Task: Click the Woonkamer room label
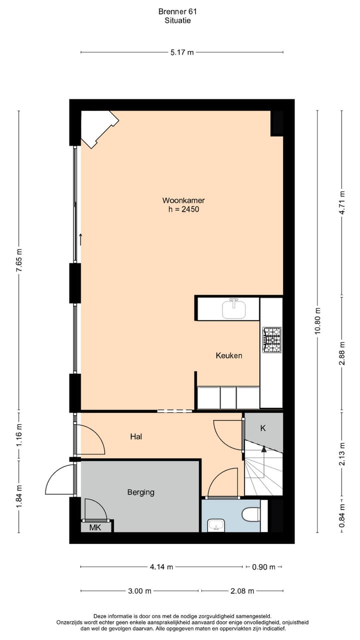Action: click(x=183, y=200)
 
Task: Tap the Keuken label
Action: click(x=229, y=355)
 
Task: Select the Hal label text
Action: click(x=136, y=436)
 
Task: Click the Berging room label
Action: click(x=140, y=492)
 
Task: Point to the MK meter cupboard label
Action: click(x=94, y=527)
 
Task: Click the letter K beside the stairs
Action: click(x=263, y=428)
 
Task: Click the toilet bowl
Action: click(x=250, y=514)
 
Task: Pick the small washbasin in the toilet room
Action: click(x=216, y=525)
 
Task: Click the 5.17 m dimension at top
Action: click(x=182, y=52)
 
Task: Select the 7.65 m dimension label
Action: click(x=19, y=260)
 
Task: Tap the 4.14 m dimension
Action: click(x=161, y=566)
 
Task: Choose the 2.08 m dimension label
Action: click(x=242, y=591)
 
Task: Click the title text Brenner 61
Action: click(x=177, y=11)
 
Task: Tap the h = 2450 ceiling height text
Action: click(x=183, y=209)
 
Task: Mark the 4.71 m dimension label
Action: click(x=342, y=202)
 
